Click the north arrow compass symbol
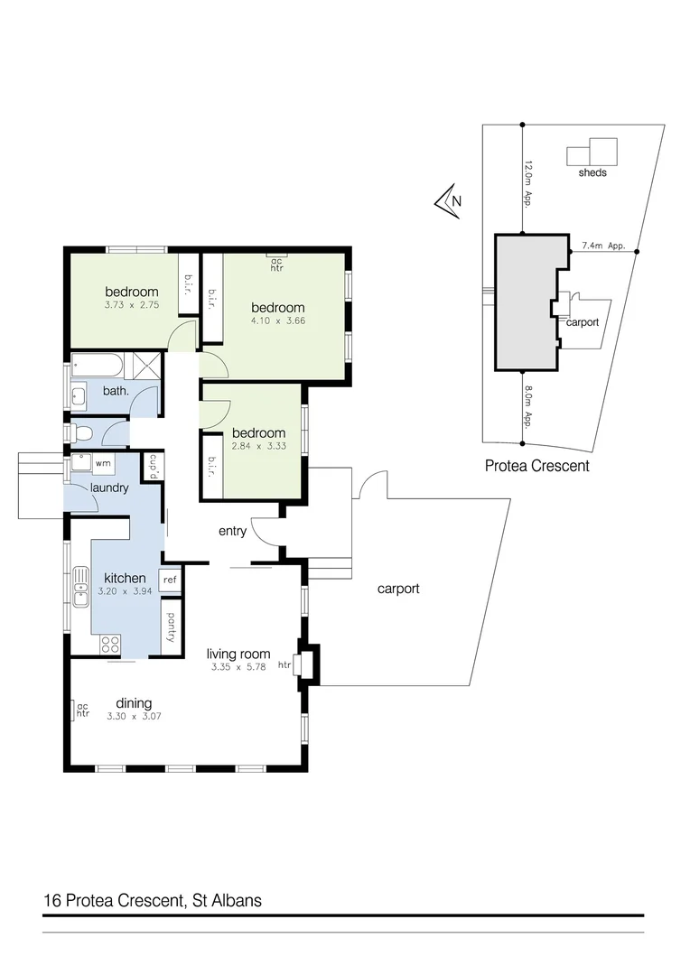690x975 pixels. (x=448, y=202)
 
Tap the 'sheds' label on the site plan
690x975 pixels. (x=592, y=172)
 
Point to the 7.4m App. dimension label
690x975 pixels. (x=603, y=245)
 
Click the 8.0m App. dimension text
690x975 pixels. (x=528, y=406)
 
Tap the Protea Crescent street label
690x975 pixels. (x=536, y=466)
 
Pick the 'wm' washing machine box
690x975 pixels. (x=103, y=463)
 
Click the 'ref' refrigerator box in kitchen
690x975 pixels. (x=170, y=580)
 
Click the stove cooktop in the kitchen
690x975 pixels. (x=110, y=644)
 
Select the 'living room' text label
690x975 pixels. (x=238, y=655)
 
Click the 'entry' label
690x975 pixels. (x=232, y=531)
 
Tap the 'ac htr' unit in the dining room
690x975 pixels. (x=79, y=710)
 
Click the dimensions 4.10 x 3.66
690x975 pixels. (x=277, y=320)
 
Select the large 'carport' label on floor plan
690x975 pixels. (x=398, y=589)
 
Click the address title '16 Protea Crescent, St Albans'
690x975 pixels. (x=153, y=900)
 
